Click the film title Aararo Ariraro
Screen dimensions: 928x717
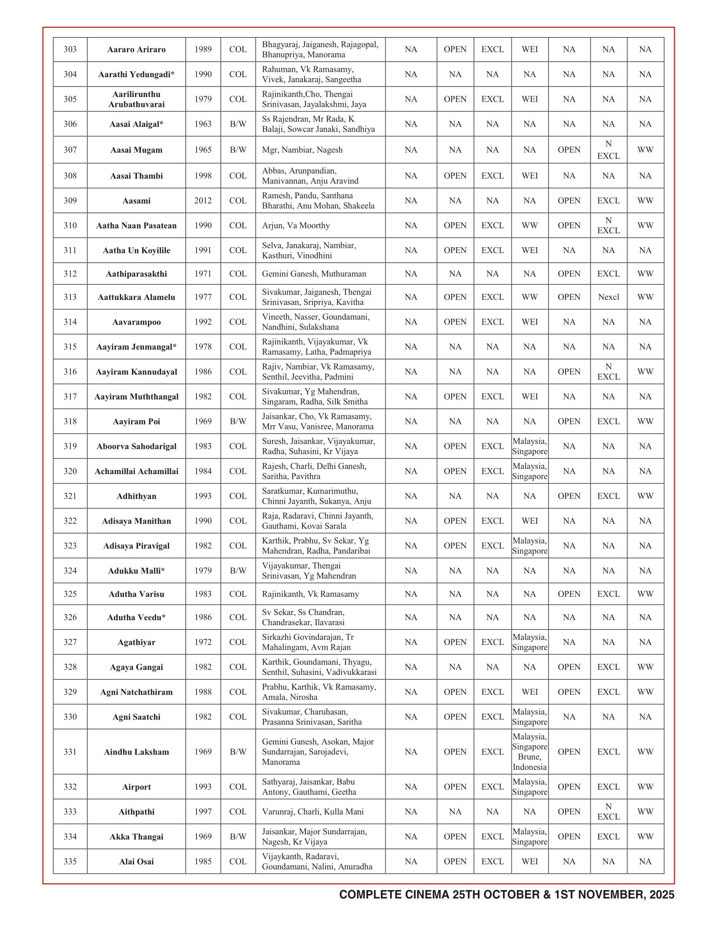tap(136, 50)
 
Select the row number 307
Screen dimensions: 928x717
tap(70, 150)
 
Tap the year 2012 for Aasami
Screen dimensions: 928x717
tap(203, 200)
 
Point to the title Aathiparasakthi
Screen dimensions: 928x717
tap(136, 274)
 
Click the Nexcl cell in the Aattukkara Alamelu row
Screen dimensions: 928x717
tap(608, 297)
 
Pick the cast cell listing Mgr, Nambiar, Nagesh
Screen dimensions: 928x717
tap(302, 150)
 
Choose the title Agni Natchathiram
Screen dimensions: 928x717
tap(136, 692)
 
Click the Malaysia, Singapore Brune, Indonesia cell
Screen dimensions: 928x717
tap(530, 752)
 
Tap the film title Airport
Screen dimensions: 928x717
tap(136, 787)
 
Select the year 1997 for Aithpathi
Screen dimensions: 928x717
tap(203, 812)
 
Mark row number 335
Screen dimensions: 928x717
tap(70, 861)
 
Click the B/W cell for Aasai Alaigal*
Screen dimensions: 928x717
tap(238, 124)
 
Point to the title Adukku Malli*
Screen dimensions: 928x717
tap(136, 571)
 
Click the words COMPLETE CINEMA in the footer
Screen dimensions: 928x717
tap(394, 895)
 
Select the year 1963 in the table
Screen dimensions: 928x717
tap(203, 124)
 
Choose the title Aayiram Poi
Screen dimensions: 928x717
tap(136, 421)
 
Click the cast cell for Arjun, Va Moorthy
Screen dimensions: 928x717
tap(296, 226)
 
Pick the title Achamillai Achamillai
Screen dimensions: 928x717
tap(136, 471)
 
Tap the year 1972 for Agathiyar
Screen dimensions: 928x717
tap(203, 642)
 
